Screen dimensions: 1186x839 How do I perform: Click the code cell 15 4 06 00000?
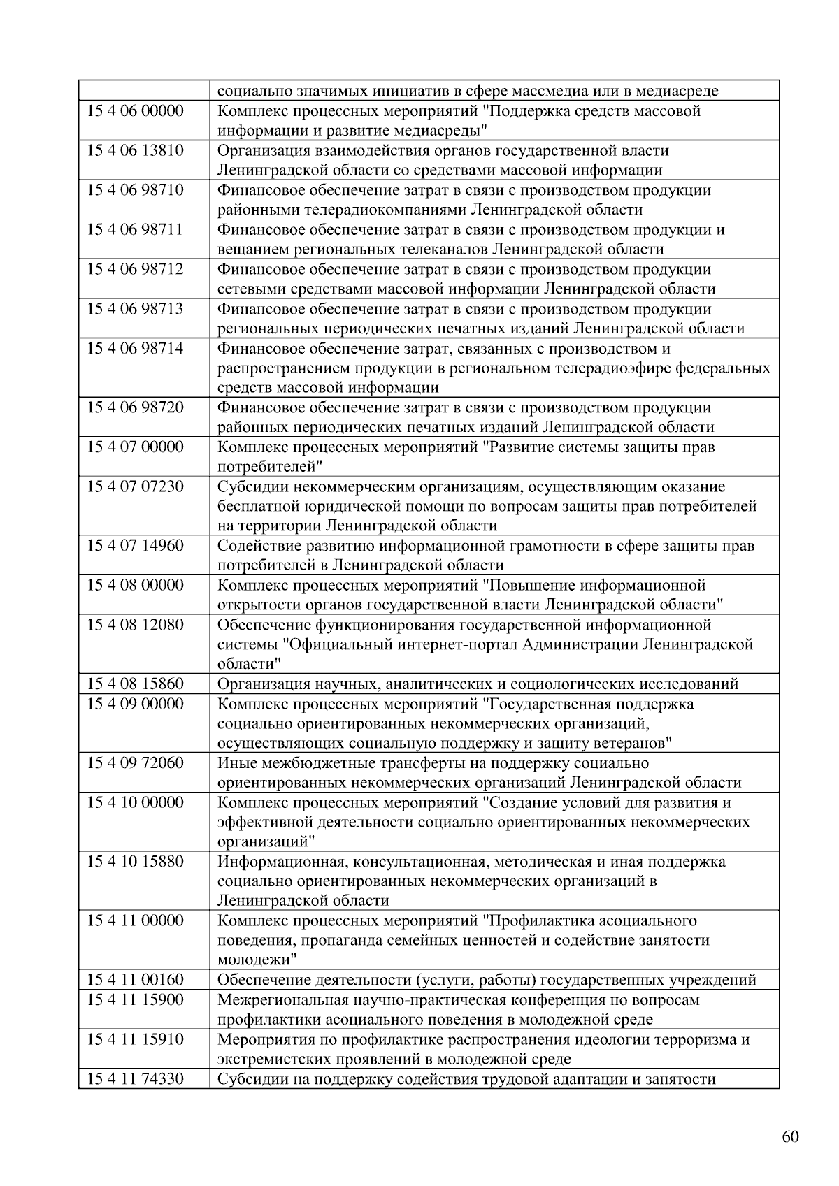135,111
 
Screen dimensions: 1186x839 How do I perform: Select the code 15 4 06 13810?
135,150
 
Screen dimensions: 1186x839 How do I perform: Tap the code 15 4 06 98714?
135,348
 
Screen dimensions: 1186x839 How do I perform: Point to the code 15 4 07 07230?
135,486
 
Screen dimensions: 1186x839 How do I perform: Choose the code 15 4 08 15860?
135,684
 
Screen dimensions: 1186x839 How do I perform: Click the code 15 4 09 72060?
135,762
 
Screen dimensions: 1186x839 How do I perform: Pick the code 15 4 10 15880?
135,861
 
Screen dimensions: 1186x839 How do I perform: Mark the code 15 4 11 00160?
135,980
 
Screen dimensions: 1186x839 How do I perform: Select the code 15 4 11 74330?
135,1078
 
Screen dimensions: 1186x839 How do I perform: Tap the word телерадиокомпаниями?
342,210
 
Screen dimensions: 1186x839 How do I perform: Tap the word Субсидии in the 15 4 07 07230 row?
249,486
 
